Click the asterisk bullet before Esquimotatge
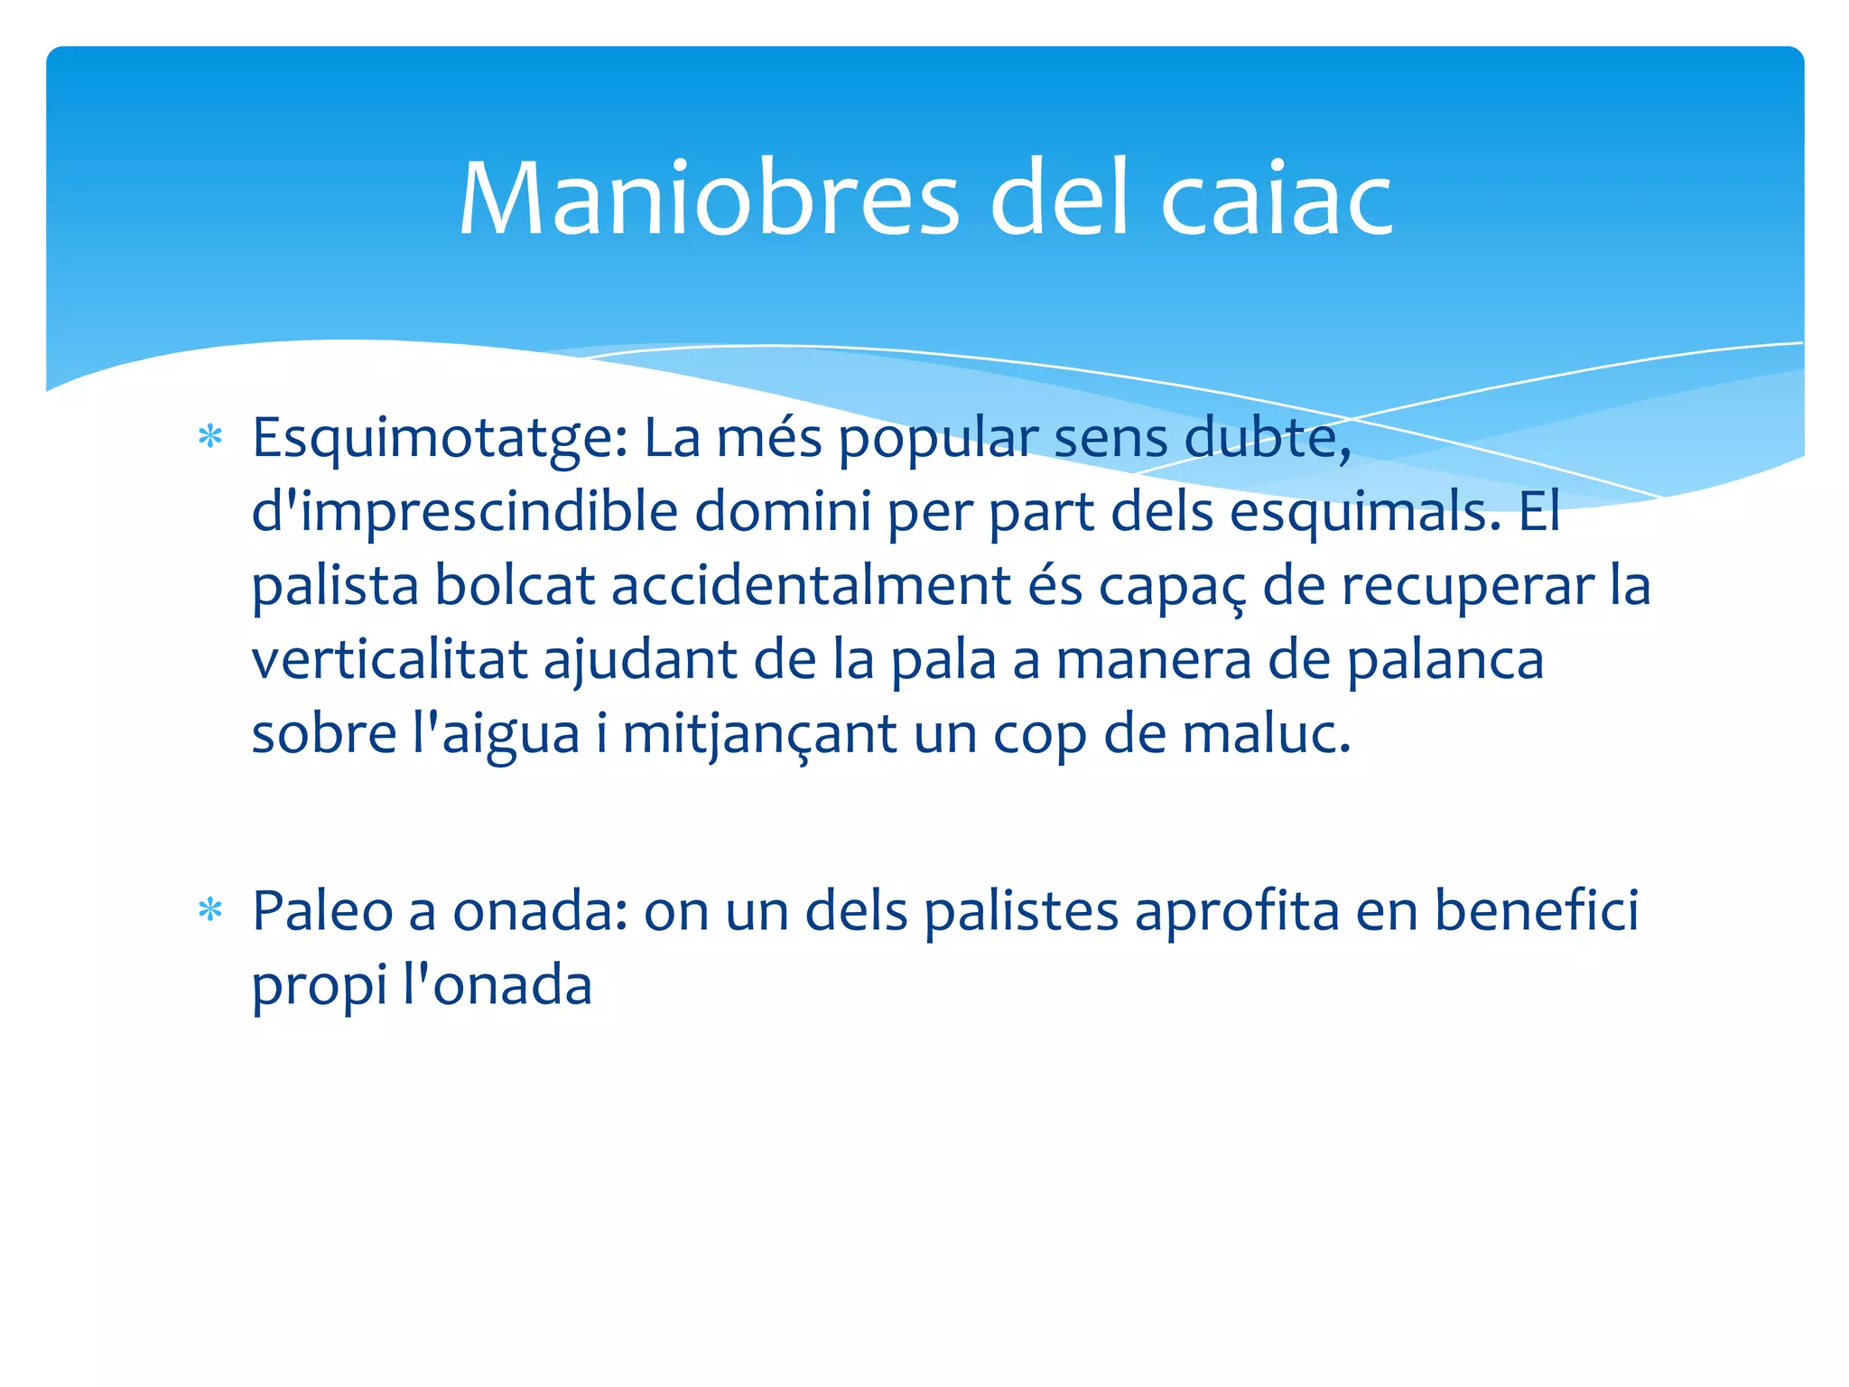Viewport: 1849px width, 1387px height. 210,438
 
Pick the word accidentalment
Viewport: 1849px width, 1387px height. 811,586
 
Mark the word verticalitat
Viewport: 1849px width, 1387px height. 388,660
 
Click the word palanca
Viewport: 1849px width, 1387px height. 1445,660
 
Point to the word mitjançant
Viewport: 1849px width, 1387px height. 759,734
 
